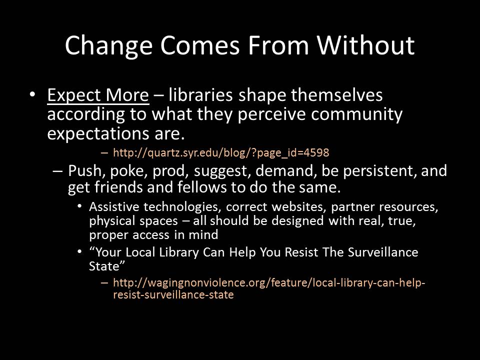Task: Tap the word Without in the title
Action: point(365,45)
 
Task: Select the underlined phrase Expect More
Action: point(98,95)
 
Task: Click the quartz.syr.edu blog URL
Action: point(221,152)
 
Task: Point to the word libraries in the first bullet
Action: point(200,94)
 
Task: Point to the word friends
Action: point(118,187)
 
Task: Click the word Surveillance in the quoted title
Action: point(383,252)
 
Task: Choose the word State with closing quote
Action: point(107,266)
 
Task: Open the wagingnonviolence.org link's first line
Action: point(269,282)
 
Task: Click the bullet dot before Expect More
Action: point(32,94)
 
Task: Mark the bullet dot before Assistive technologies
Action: point(79,206)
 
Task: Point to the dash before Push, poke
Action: point(57,171)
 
